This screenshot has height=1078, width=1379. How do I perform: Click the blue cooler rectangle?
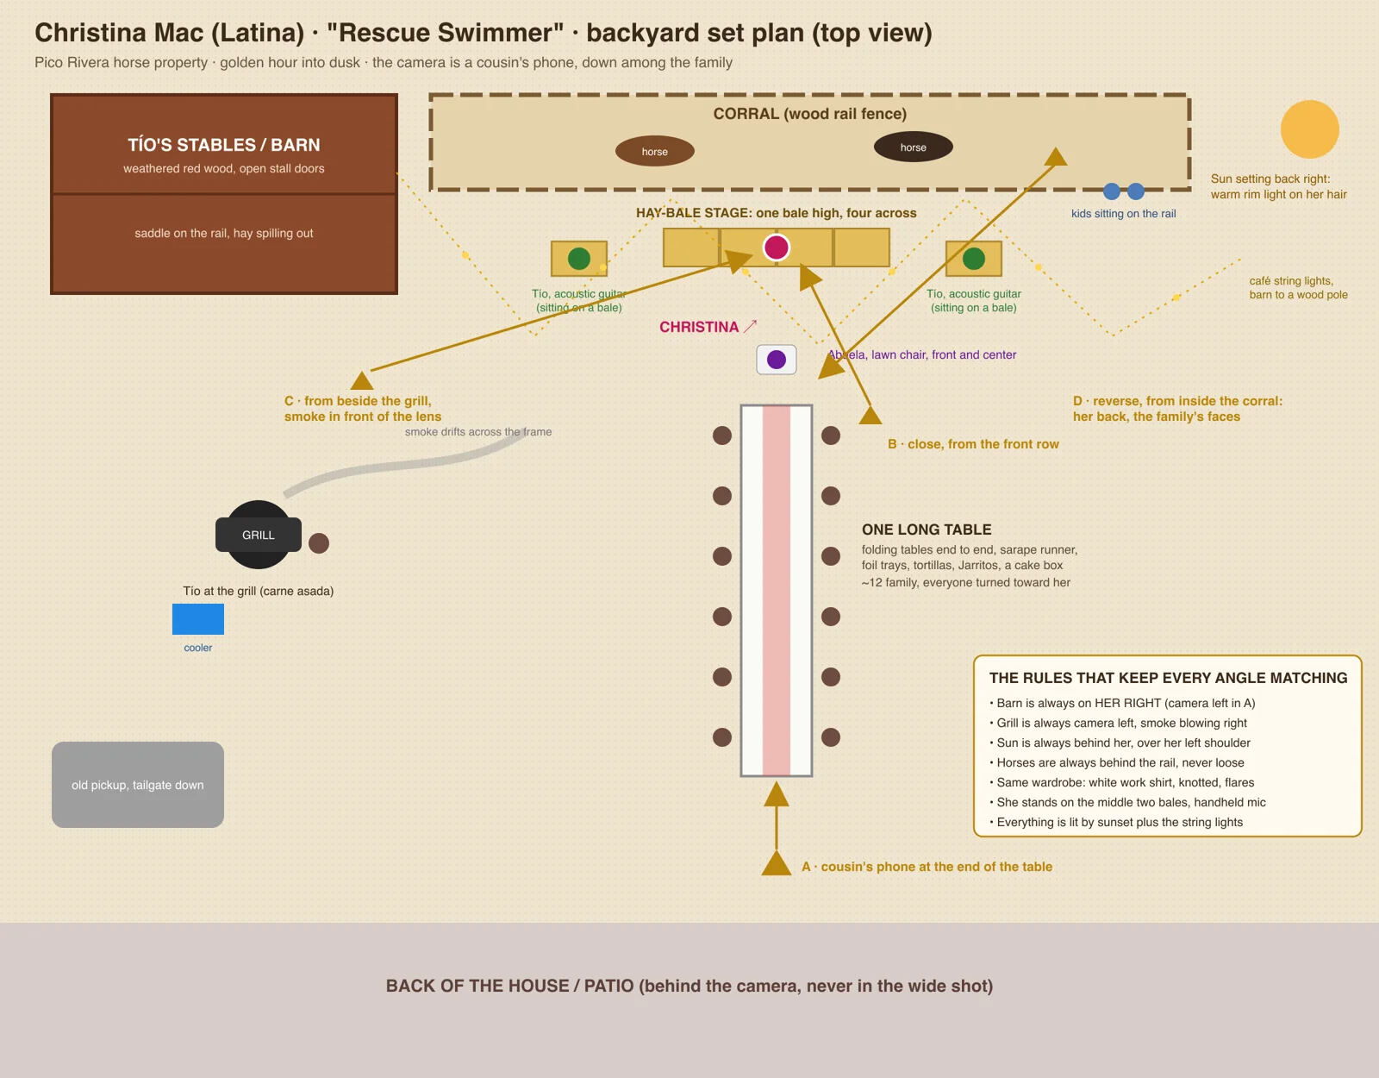click(x=198, y=618)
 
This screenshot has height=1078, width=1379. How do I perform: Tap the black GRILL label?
click(x=259, y=535)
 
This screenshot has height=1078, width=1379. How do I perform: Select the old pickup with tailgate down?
click(x=138, y=784)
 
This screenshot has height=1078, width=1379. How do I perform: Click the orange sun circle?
click(x=1309, y=128)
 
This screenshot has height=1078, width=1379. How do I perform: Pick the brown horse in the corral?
click(x=654, y=151)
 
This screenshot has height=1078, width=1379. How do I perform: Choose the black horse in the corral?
click(x=913, y=147)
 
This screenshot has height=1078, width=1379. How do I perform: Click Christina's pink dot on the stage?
click(x=777, y=247)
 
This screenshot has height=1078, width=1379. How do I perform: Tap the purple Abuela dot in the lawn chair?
click(x=777, y=360)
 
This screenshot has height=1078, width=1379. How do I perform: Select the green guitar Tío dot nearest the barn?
click(x=579, y=259)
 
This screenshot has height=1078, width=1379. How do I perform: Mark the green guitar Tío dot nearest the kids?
click(x=973, y=259)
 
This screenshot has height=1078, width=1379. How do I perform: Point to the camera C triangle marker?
click(x=362, y=380)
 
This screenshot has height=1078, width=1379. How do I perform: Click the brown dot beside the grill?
click(x=319, y=542)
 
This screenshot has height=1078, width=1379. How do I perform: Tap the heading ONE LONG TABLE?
click(x=926, y=529)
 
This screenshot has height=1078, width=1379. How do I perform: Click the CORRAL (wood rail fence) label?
click(x=809, y=114)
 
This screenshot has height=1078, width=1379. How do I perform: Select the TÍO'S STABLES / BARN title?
click(x=224, y=145)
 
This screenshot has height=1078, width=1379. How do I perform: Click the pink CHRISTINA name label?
click(x=699, y=327)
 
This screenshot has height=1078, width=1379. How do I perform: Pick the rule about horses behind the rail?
click(x=1116, y=762)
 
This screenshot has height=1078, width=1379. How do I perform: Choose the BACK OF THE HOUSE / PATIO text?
click(x=689, y=986)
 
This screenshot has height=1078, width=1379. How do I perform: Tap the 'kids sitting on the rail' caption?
click(x=1123, y=213)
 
